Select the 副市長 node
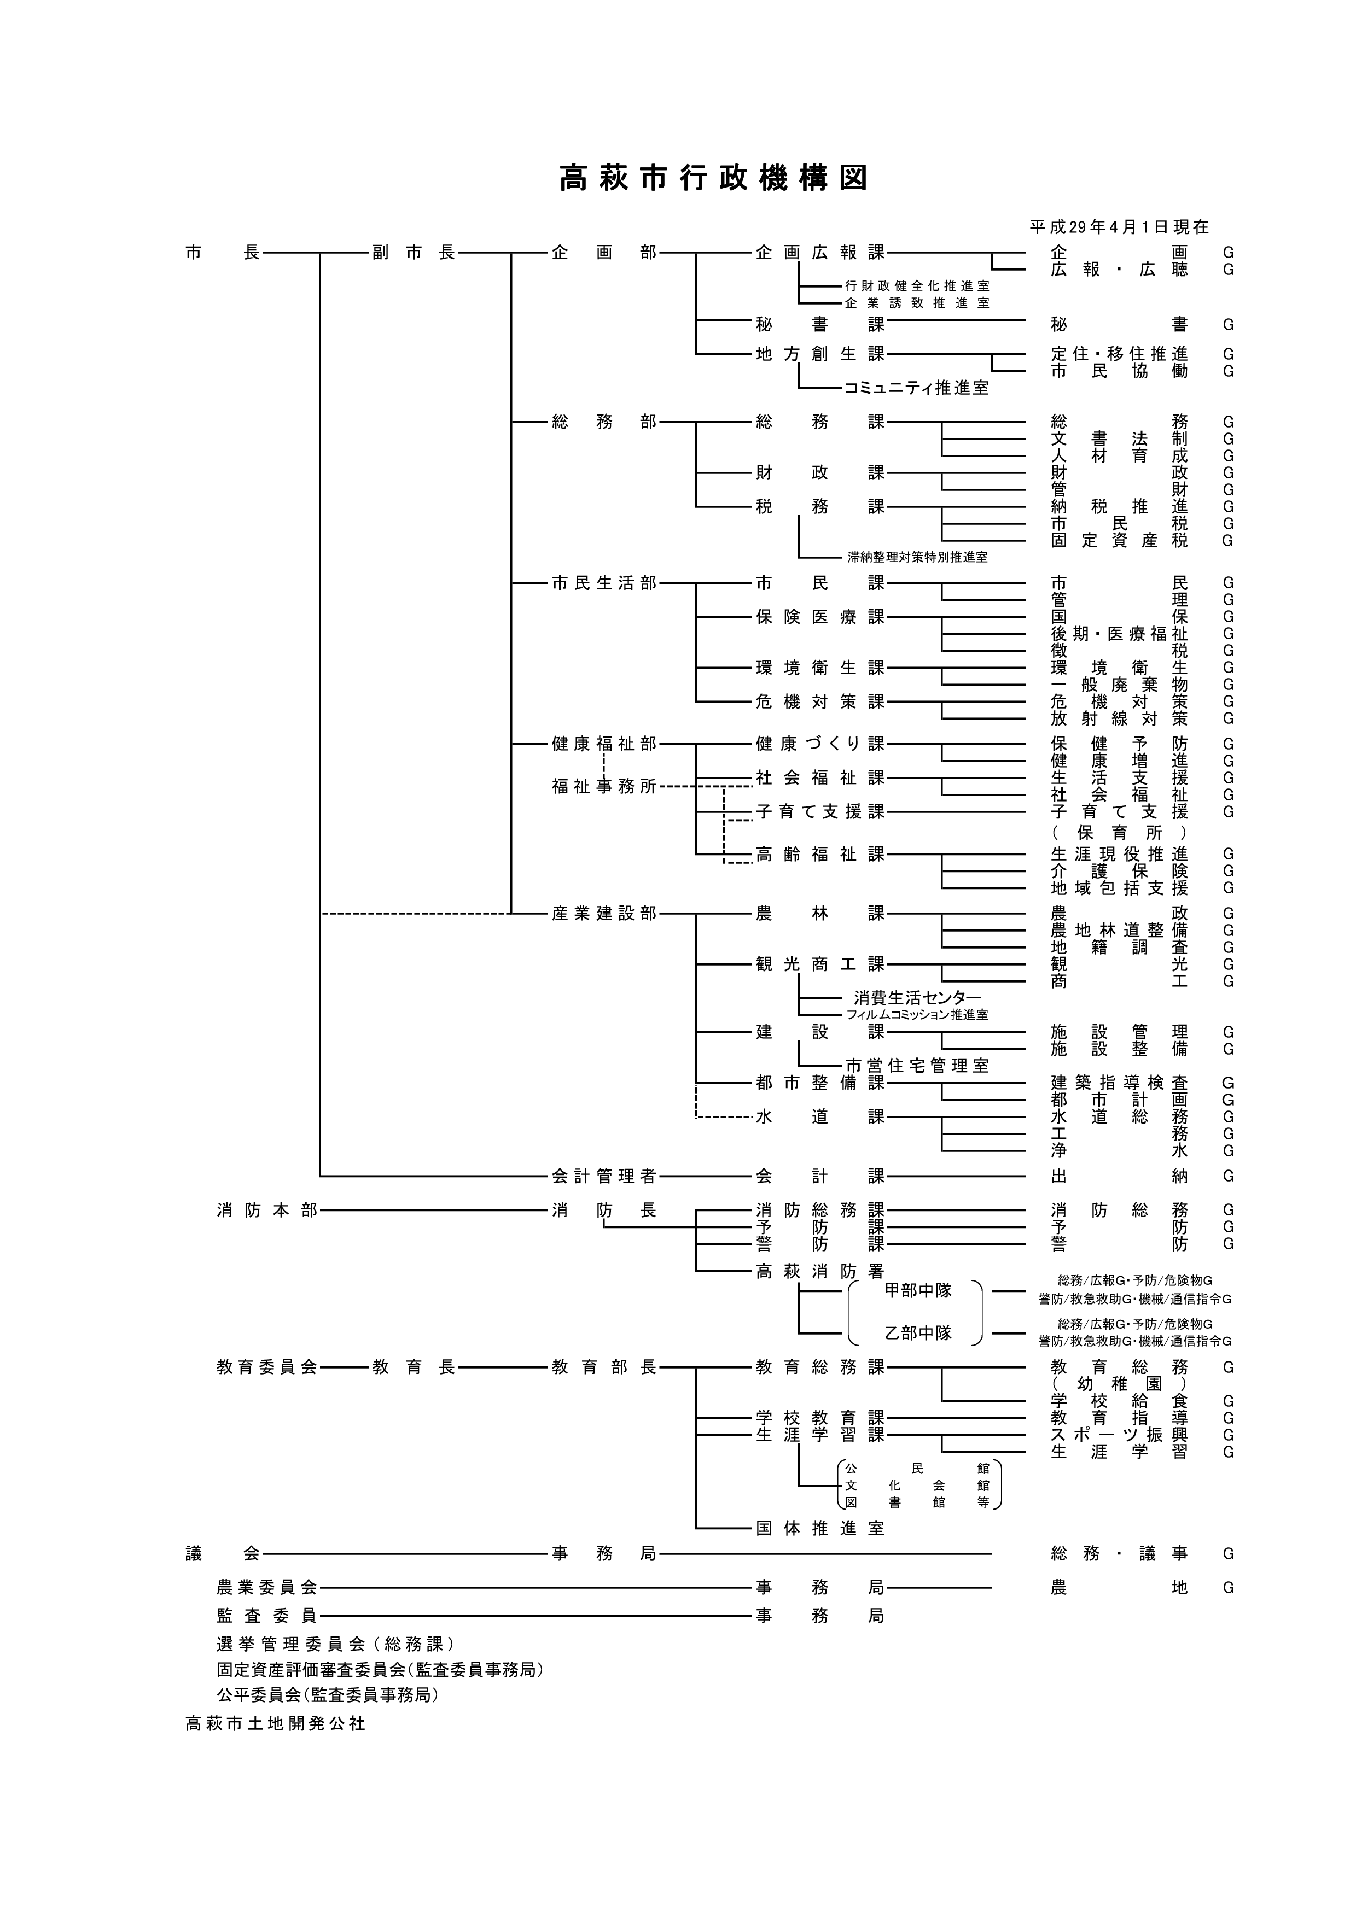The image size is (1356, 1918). coord(414,252)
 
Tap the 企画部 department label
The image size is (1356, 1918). coord(604,252)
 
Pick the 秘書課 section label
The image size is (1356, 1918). coord(819,324)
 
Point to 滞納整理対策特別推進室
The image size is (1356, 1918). coord(917,557)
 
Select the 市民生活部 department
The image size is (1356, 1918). coord(604,583)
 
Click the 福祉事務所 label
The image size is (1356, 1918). coord(604,786)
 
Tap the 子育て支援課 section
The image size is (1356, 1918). coord(819,811)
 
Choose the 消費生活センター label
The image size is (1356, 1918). coord(917,997)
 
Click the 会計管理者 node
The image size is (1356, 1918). coord(604,1176)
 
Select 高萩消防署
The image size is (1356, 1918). coord(819,1271)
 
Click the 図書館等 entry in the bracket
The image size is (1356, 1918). coord(917,1502)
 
